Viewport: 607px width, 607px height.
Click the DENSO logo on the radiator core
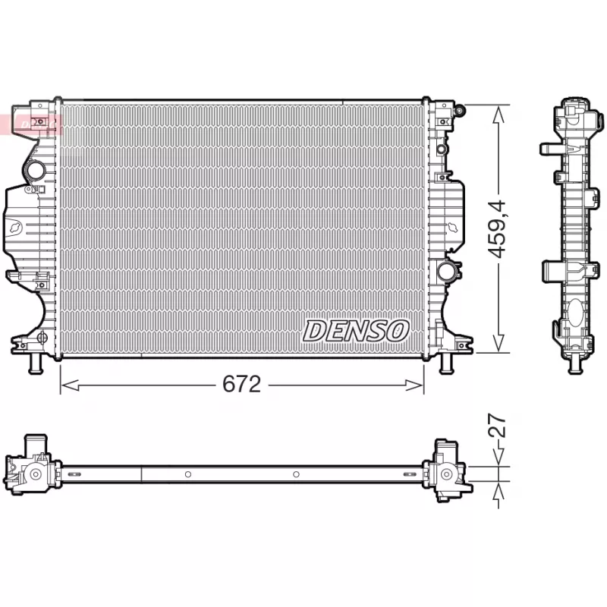pyautogui.click(x=357, y=330)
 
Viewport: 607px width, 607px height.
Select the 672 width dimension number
pyautogui.click(x=241, y=385)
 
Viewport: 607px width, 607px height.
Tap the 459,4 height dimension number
pyautogui.click(x=498, y=228)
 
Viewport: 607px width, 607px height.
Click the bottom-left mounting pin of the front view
pyautogui.click(x=35, y=364)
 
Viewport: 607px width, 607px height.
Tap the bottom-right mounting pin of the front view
pyautogui.click(x=447, y=364)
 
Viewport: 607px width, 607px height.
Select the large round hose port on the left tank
pyautogui.click(x=34, y=171)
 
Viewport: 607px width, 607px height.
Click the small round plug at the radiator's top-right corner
pyautogui.click(x=460, y=112)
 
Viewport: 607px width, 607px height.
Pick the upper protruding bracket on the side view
pyautogui.click(x=550, y=147)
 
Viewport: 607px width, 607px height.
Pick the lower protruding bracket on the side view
pyautogui.click(x=552, y=272)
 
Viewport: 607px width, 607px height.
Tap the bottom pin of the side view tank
pyautogui.click(x=577, y=365)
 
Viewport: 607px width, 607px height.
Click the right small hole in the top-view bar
pyautogui.click(x=296, y=474)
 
